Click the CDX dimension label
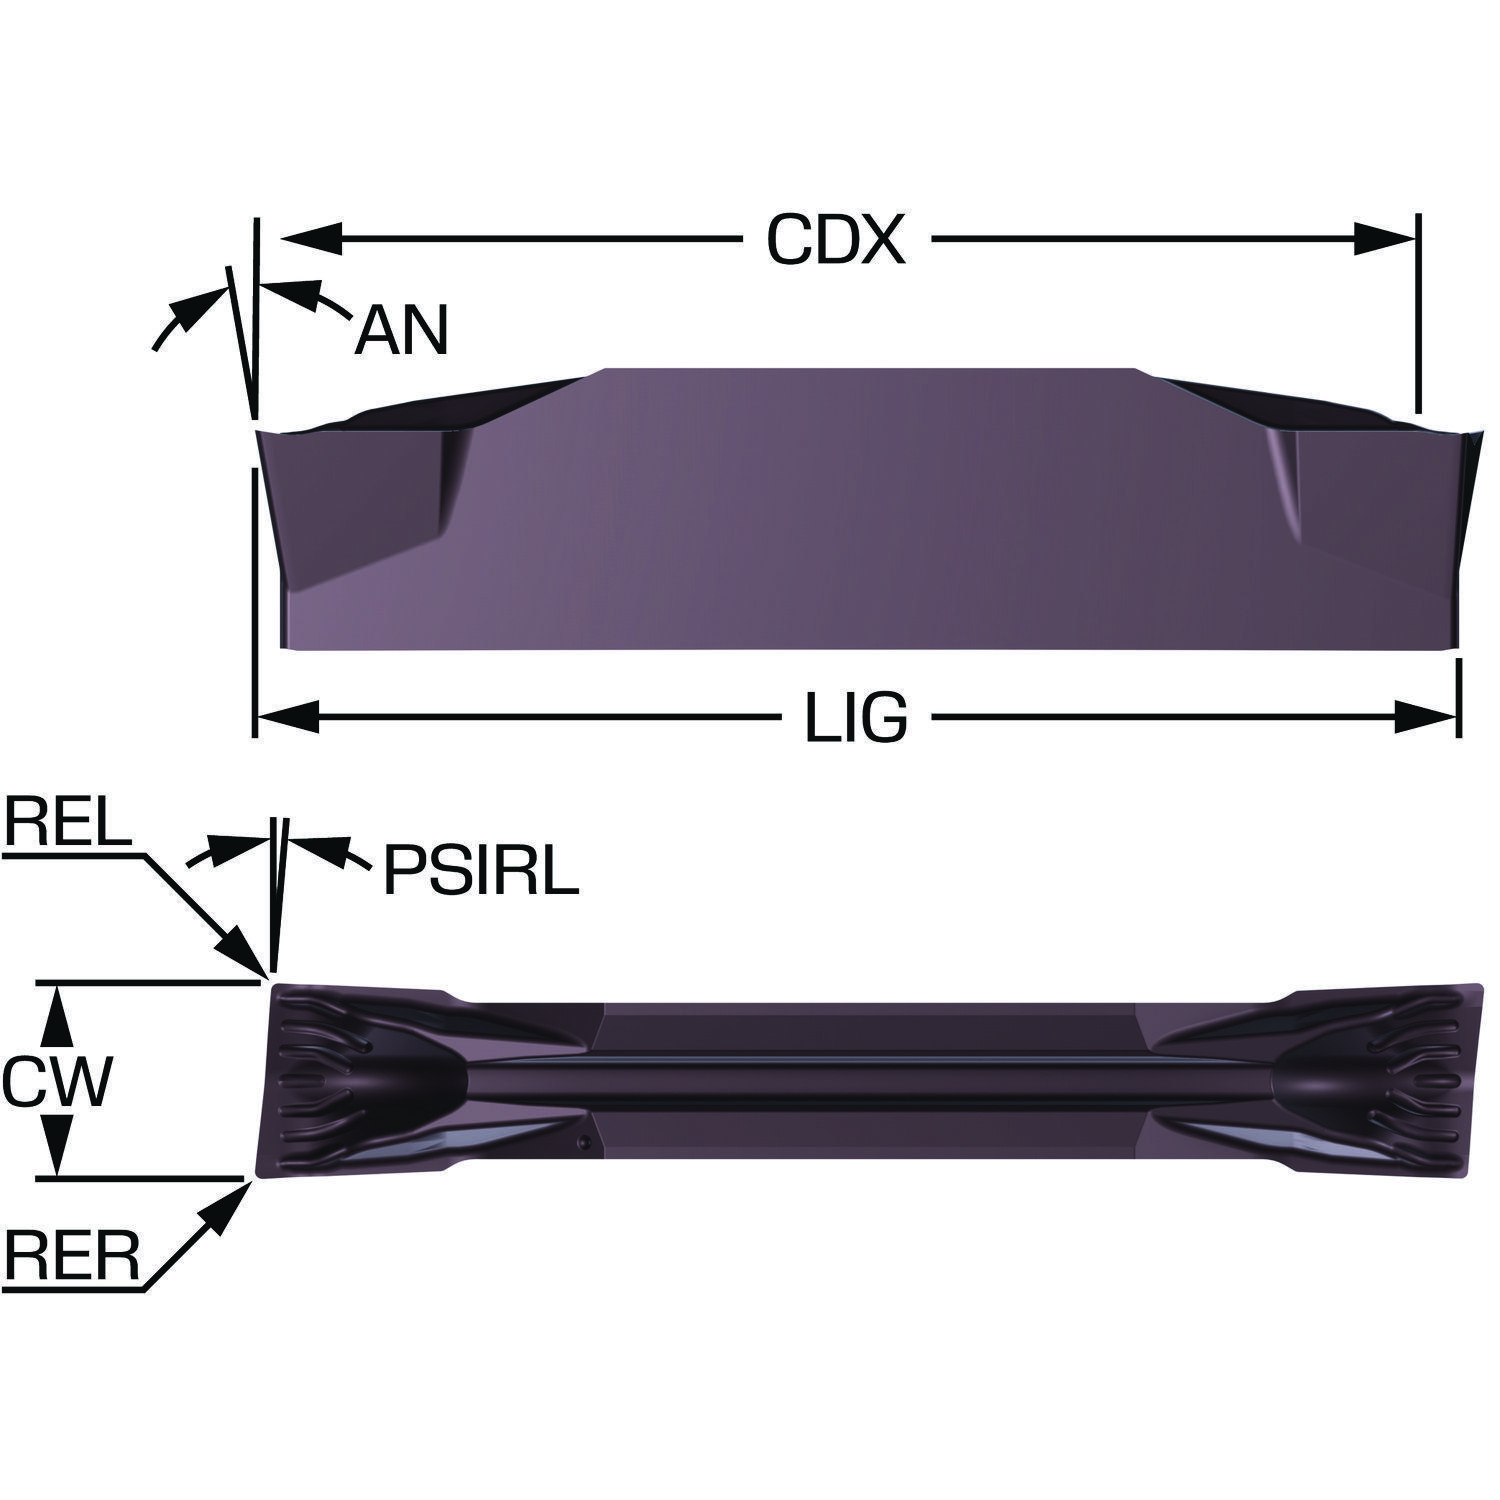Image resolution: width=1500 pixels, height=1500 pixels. point(835,240)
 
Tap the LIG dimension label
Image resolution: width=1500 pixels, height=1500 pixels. point(857,717)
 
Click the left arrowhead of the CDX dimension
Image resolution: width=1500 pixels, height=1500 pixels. point(312,239)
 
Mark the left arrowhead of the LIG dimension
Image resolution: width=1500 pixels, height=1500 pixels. point(288,716)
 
